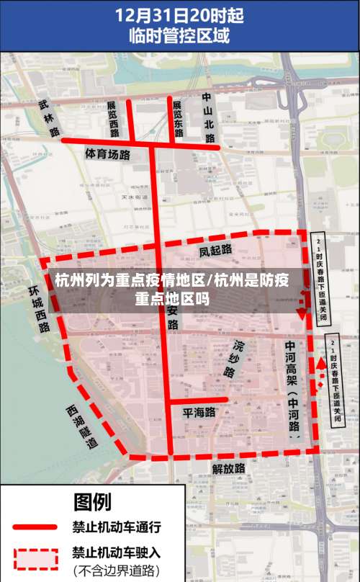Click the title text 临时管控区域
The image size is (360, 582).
pyautogui.click(x=179, y=35)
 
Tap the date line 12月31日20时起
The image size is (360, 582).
pyautogui.click(x=179, y=14)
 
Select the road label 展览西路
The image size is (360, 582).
pyautogui.click(x=113, y=119)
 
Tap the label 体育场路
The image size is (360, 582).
pyautogui.click(x=108, y=154)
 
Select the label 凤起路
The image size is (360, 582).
pyautogui.click(x=215, y=250)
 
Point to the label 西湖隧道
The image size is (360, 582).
pyautogui.click(x=81, y=426)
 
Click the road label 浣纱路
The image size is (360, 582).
pyautogui.click(x=233, y=359)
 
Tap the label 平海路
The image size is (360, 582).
pyautogui.click(x=199, y=413)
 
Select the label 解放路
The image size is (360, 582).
pyautogui.click(x=229, y=468)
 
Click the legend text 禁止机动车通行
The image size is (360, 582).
pyautogui.click(x=116, y=527)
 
